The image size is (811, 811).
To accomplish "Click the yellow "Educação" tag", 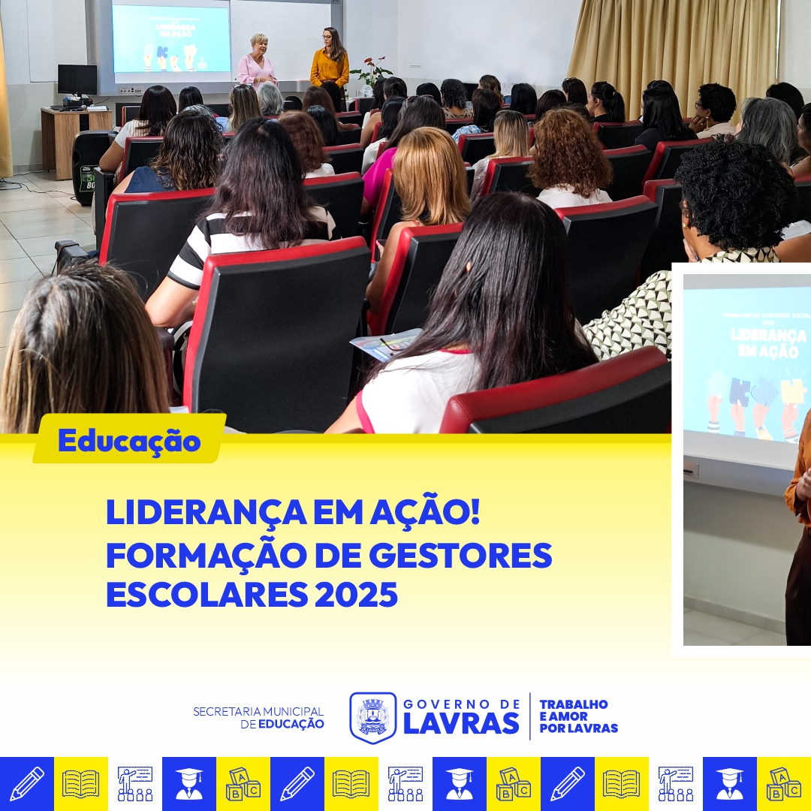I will click(129, 441).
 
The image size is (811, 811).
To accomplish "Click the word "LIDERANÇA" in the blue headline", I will click(197, 513).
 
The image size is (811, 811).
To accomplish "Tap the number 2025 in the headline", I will click(356, 595).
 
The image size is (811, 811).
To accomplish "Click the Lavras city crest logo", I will click(372, 717).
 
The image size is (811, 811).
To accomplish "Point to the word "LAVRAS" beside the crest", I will click(461, 723).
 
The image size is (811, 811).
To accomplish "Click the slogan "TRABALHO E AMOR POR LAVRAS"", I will click(578, 716).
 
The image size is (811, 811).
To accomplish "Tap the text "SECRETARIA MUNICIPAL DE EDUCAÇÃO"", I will click(259, 717).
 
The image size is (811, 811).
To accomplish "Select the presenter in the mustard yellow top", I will click(330, 60).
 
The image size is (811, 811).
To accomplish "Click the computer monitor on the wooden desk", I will click(77, 80).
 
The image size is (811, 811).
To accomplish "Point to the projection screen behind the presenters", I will click(171, 40).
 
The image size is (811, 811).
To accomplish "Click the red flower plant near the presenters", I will click(372, 70).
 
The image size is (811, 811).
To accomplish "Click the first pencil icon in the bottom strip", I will click(27, 784).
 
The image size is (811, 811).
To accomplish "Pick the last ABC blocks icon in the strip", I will click(784, 784).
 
